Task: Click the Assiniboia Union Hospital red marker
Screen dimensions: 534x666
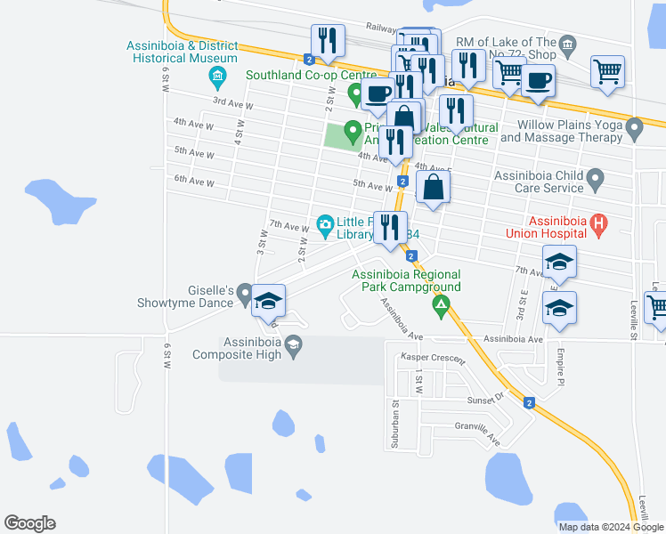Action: coord(599,225)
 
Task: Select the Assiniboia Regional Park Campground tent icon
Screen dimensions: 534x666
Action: coord(439,306)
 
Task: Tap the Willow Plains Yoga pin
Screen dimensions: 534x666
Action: coord(634,130)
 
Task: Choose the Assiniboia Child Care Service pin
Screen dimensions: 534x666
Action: coord(596,180)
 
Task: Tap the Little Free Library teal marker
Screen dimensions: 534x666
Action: coord(325,222)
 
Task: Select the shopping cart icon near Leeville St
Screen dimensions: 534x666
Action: coord(655,307)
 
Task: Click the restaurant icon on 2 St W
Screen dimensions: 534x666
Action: coord(327,41)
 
